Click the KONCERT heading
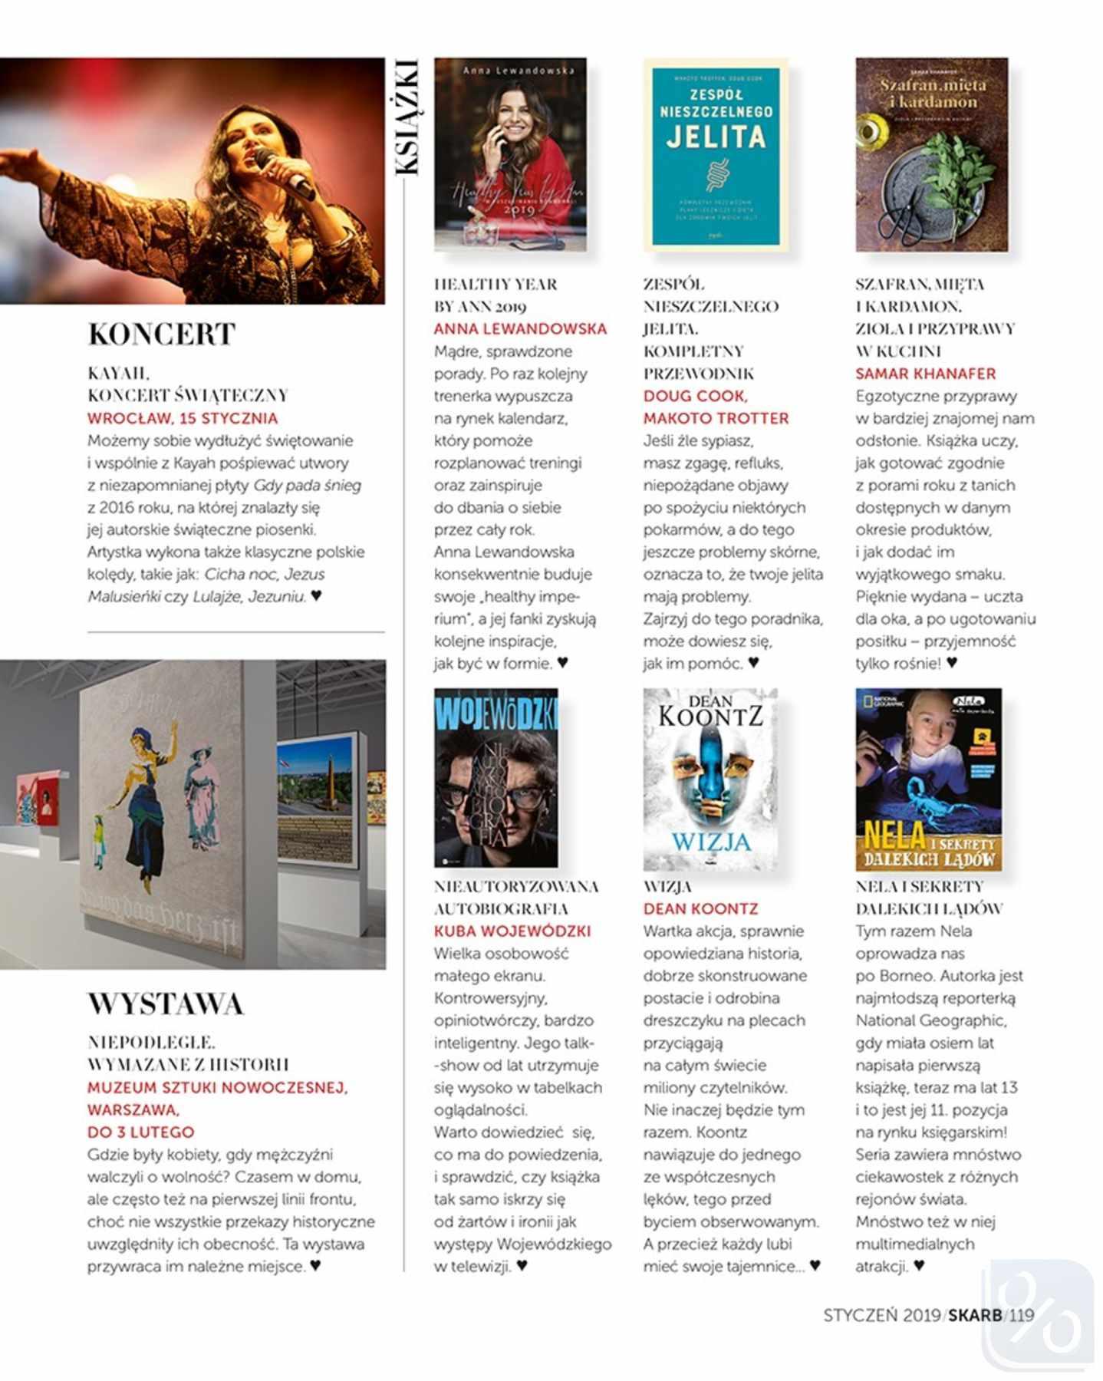(161, 335)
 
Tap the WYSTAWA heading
(166, 1004)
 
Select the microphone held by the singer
(283, 173)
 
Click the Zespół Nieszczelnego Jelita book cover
(716, 156)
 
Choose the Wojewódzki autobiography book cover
(496, 777)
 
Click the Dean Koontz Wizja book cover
(710, 779)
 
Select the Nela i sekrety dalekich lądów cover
(928, 779)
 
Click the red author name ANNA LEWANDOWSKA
(520, 329)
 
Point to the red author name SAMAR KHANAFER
(925, 374)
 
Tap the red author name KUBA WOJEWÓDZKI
(512, 931)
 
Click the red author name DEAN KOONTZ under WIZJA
(700, 909)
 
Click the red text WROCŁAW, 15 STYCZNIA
(183, 418)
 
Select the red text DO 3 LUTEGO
(140, 1132)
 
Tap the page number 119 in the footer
(1022, 1315)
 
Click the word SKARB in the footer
(975, 1315)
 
